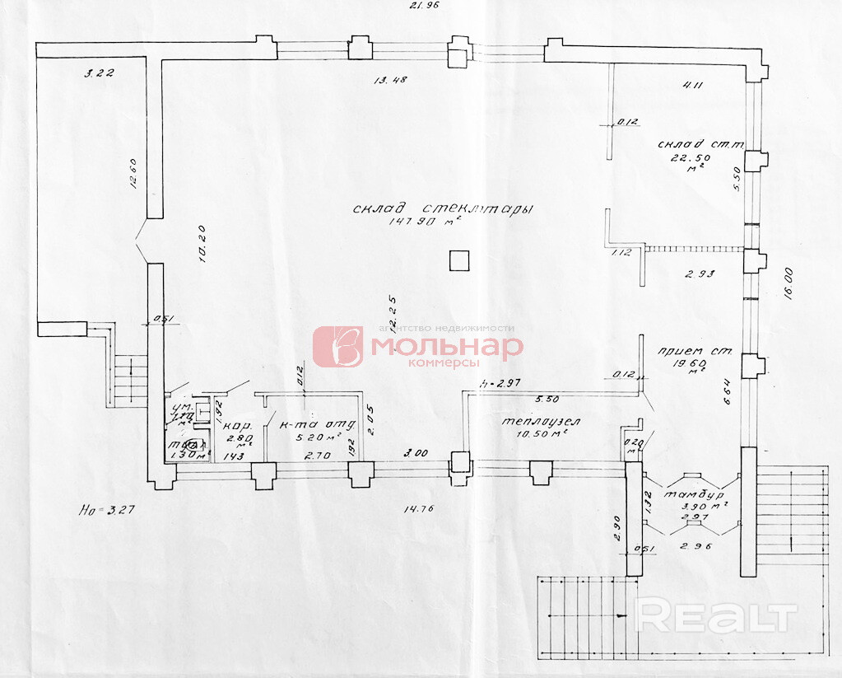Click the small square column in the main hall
[459, 260]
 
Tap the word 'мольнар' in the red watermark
[446, 346]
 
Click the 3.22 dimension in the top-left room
[98, 72]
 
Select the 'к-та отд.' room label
[312, 426]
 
